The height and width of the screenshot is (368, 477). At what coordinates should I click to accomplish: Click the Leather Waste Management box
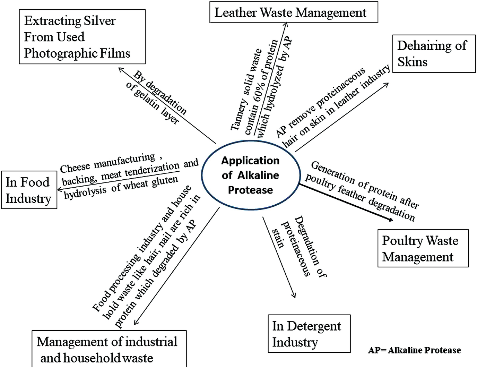tap(294, 13)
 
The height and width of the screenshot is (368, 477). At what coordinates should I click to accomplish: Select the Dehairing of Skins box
tap(434, 54)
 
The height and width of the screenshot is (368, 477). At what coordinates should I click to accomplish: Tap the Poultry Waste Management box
tap(423, 248)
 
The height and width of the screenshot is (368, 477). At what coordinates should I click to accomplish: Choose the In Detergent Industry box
tap(309, 334)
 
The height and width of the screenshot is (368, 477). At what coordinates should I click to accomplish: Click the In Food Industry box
tap(29, 190)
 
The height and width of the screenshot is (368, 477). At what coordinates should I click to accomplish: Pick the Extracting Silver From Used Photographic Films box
tap(82, 37)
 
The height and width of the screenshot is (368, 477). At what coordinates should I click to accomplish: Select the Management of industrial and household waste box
tap(109, 349)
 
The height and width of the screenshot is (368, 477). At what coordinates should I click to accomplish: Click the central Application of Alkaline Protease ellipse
tap(250, 175)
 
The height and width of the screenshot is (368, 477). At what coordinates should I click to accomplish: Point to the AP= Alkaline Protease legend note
tap(414, 350)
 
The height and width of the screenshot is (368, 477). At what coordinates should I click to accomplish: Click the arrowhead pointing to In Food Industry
tap(59, 189)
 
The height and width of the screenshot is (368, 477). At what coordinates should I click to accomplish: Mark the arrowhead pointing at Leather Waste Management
tap(286, 24)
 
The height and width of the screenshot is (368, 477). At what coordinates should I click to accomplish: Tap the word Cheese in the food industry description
tap(75, 168)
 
